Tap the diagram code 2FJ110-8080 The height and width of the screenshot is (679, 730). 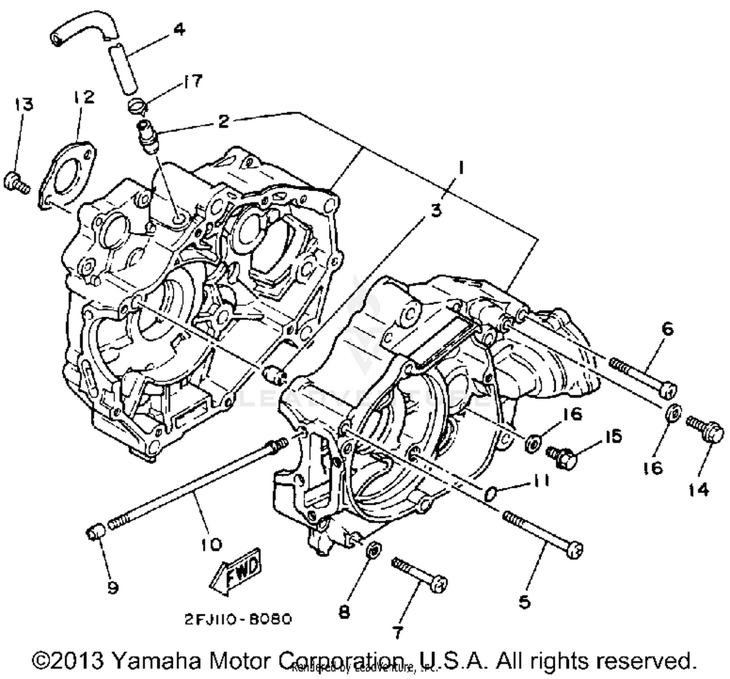tap(238, 619)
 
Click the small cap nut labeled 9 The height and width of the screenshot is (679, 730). tap(94, 531)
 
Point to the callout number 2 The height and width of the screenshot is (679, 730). tap(223, 121)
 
